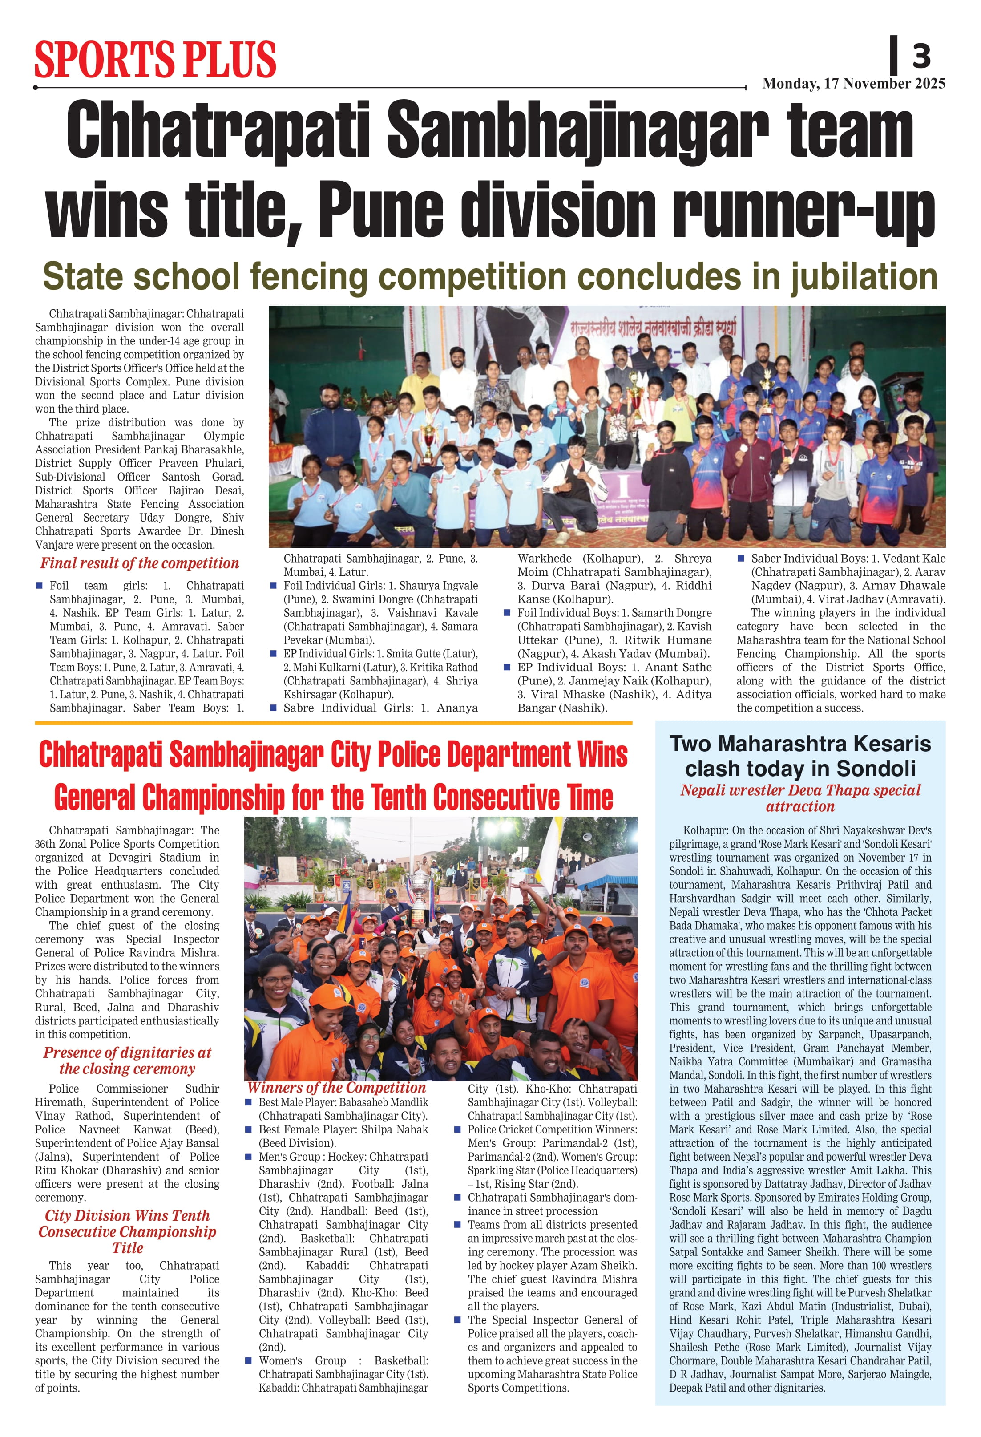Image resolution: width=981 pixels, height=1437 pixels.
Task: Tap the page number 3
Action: pos(921,57)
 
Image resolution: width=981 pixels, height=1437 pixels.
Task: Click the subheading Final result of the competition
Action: pos(139,563)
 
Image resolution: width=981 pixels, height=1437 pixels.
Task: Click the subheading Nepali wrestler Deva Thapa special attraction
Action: pos(800,798)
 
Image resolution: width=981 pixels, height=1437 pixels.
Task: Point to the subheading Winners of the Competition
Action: pos(336,1088)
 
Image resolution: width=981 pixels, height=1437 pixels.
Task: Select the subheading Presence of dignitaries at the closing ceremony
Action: pos(127,1061)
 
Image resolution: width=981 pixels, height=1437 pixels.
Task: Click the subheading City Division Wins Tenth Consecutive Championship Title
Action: pos(127,1232)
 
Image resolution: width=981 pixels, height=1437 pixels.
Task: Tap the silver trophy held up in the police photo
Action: pos(420,888)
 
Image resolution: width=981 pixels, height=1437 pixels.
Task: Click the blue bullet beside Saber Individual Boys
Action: pos(741,559)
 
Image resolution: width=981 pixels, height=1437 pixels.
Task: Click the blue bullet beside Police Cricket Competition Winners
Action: pos(457,1129)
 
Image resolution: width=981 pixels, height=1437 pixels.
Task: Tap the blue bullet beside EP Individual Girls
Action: pos(273,654)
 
